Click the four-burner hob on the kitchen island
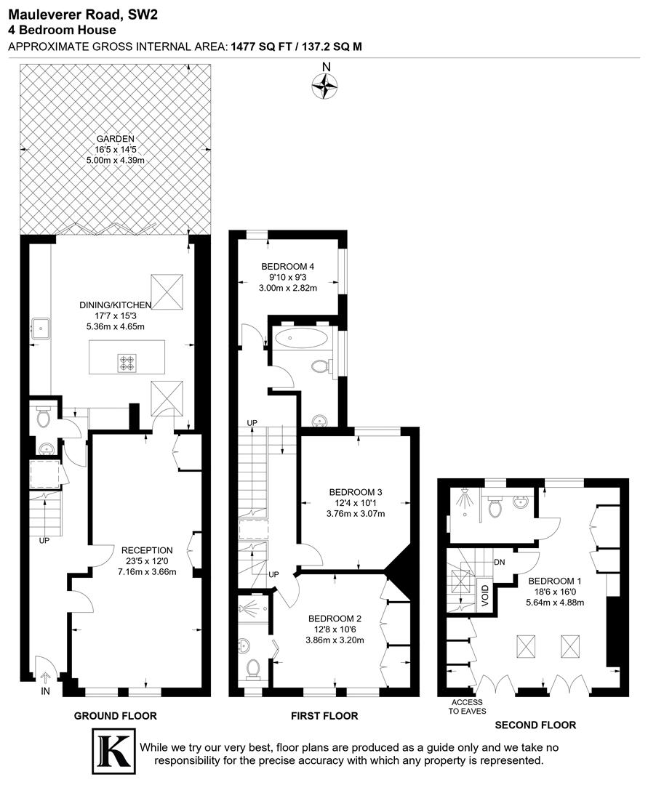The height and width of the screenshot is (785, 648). click(x=128, y=362)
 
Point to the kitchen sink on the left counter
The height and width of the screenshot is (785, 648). click(x=39, y=328)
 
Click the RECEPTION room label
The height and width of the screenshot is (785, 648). click(x=147, y=550)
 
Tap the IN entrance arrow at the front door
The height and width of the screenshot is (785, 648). click(x=44, y=678)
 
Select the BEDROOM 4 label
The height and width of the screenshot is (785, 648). click(x=287, y=267)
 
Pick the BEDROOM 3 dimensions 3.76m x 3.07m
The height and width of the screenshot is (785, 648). click(x=356, y=515)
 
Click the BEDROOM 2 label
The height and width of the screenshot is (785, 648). click(x=335, y=619)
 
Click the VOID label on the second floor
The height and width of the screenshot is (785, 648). click(x=485, y=595)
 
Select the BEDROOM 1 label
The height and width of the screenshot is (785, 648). click(x=555, y=581)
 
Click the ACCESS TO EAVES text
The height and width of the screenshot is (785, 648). click(x=468, y=706)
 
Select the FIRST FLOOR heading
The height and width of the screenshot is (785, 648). click(x=324, y=716)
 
